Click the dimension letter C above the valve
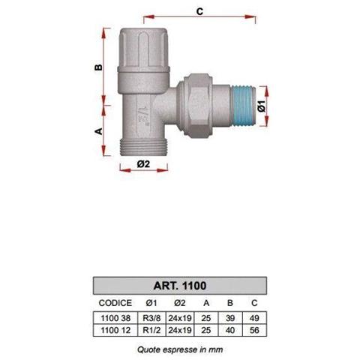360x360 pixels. (x=199, y=11)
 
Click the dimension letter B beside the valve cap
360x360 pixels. (x=99, y=67)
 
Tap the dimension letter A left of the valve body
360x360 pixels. (x=99, y=131)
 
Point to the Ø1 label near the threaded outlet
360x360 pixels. (x=262, y=106)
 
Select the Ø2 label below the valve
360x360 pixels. (x=143, y=164)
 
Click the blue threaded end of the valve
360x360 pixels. (x=243, y=106)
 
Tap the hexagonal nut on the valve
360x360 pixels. (x=198, y=106)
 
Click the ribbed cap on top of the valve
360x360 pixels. (x=144, y=50)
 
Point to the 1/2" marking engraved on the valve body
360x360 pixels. (x=144, y=115)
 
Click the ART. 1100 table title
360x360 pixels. (x=180, y=286)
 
